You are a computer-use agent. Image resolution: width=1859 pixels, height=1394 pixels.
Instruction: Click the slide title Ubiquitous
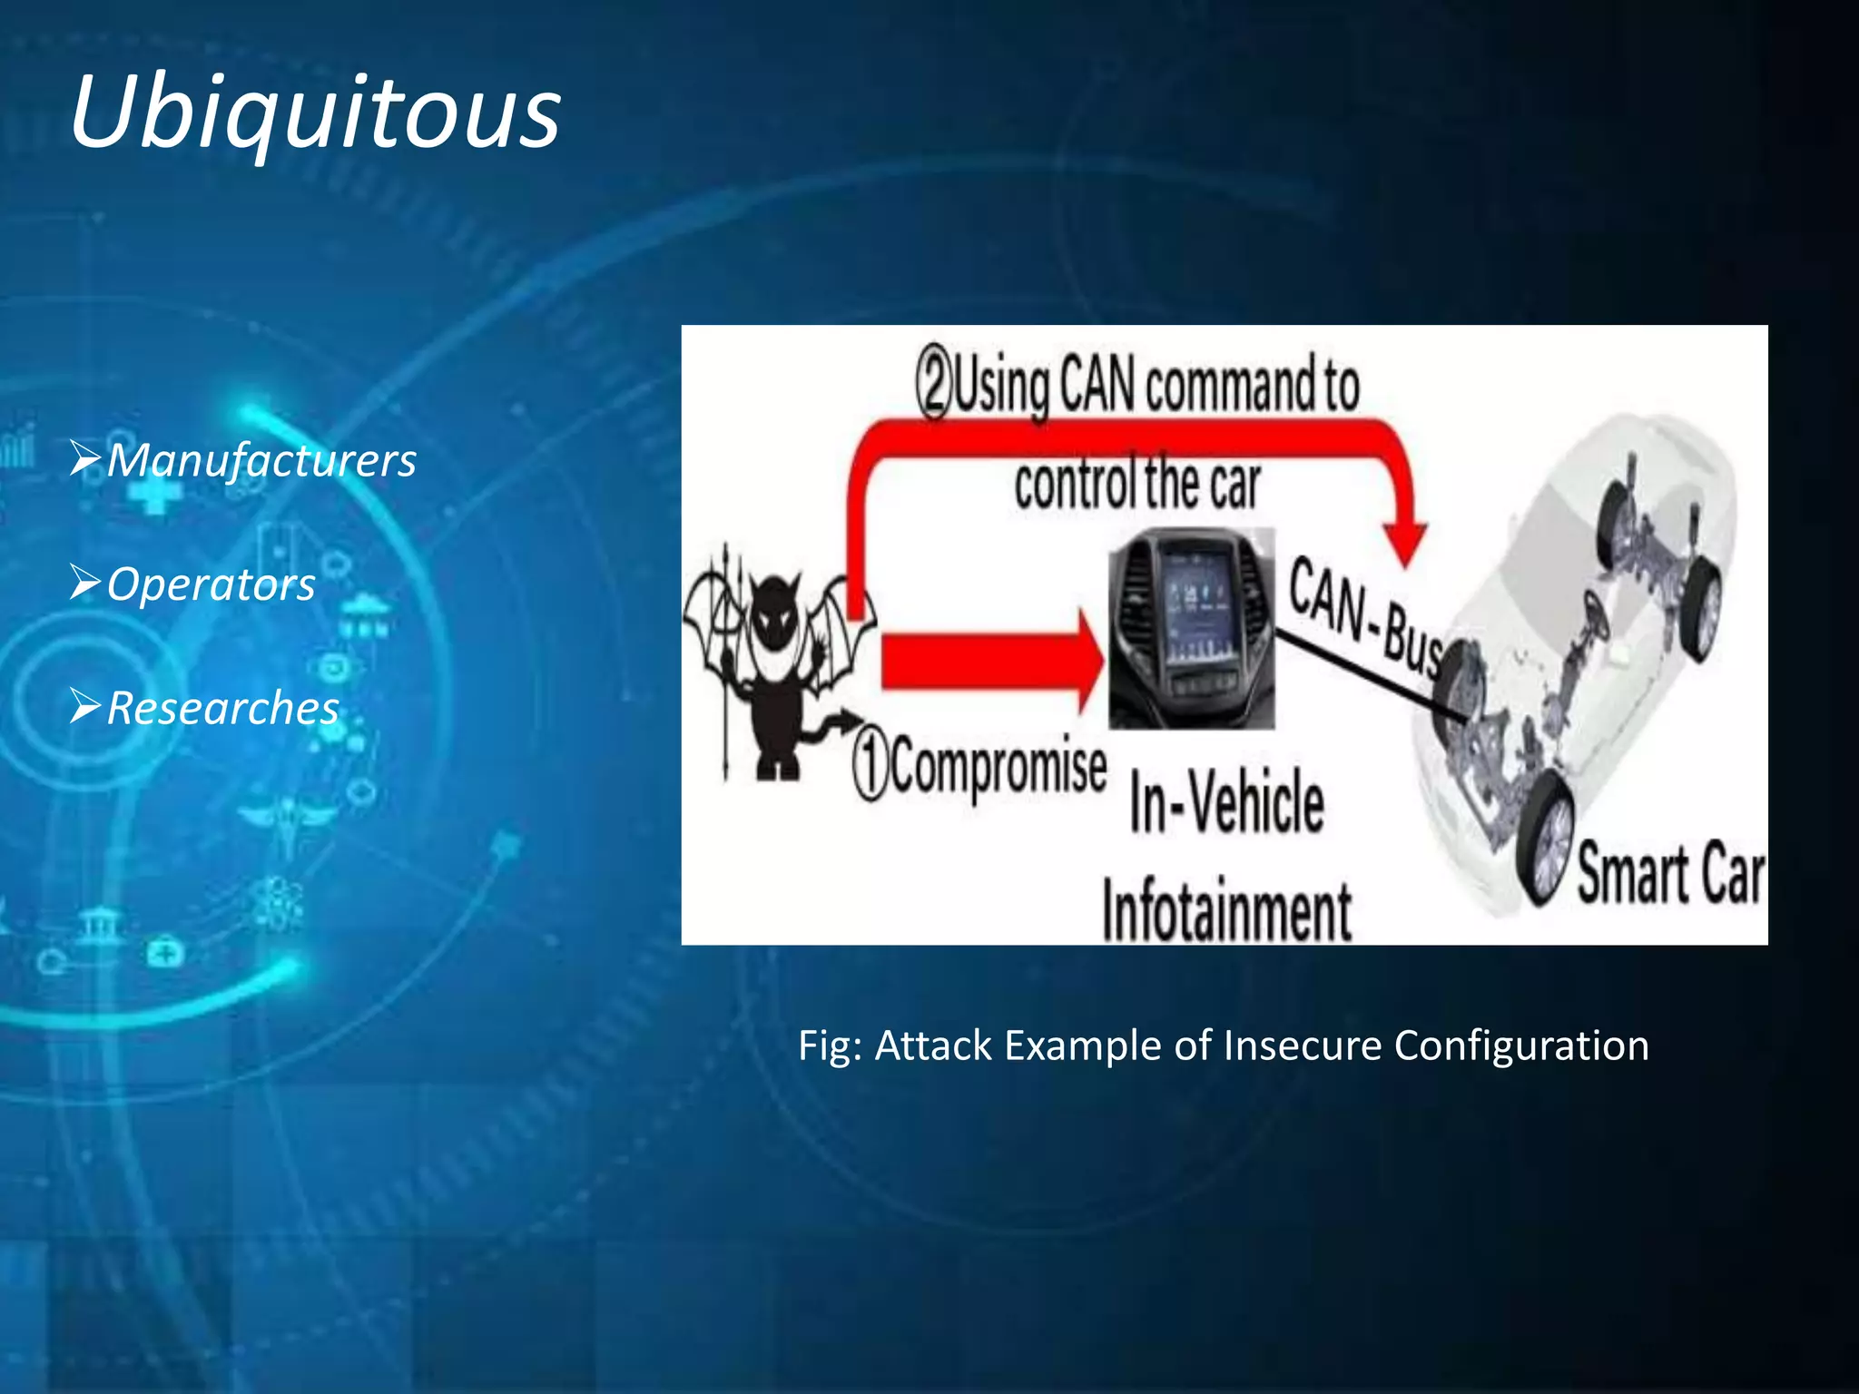coord(315,113)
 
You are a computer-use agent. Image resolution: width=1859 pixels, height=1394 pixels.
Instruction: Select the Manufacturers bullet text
coord(261,460)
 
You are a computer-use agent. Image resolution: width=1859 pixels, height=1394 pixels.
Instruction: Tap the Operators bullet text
coord(211,584)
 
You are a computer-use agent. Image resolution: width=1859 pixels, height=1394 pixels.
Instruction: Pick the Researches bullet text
coord(222,708)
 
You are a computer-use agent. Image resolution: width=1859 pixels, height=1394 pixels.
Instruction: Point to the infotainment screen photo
coord(1191,628)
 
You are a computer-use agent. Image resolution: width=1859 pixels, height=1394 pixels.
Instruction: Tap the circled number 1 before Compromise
coord(870,768)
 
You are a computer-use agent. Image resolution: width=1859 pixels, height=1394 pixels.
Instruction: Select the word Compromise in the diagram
coord(998,768)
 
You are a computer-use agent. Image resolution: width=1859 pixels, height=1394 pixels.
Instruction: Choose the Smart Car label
coord(1670,873)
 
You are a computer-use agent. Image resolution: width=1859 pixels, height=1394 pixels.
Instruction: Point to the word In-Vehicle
coord(1226,800)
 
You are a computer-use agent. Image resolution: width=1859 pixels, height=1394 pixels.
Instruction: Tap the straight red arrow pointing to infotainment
coord(989,662)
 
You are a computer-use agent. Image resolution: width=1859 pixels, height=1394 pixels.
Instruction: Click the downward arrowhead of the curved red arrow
coord(1406,545)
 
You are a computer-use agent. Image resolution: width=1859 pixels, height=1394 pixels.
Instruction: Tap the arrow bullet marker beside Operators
coord(85,583)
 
